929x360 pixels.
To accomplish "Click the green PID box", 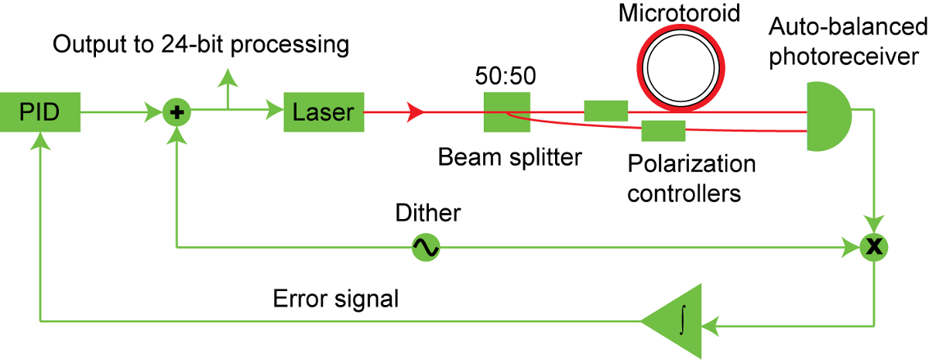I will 39,113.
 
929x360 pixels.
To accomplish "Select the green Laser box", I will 324,113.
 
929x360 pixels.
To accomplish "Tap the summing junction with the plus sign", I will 178,113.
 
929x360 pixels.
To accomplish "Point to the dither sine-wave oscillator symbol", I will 425,248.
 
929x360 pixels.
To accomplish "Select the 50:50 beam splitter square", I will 507,113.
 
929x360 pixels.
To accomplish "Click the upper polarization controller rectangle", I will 605,111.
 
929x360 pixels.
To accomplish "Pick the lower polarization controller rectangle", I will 663,131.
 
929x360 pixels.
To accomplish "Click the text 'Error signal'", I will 335,298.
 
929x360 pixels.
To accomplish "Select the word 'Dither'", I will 427,213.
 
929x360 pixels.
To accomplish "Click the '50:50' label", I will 507,78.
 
